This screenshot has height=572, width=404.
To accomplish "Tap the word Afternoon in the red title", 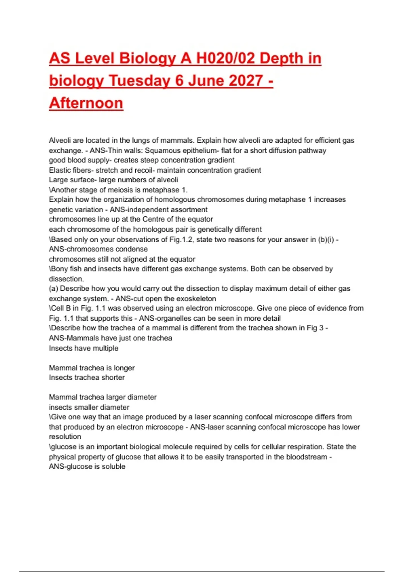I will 86,103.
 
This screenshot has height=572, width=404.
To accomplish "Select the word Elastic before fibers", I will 59,170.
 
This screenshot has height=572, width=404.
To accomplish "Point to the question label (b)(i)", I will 326,239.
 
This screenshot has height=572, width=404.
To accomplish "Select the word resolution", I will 65,437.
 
